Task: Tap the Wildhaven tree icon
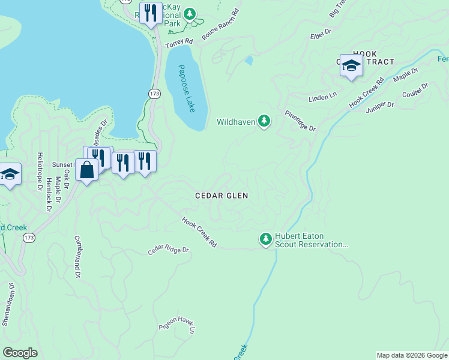click(264, 122)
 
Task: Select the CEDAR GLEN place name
click(221, 196)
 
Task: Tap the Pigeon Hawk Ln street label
click(177, 328)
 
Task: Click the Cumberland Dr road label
click(77, 256)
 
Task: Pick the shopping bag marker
click(87, 170)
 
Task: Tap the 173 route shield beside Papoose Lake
click(154, 94)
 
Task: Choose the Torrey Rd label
click(179, 43)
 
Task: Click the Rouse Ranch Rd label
click(220, 25)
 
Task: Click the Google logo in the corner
click(20, 353)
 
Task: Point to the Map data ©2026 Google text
click(412, 355)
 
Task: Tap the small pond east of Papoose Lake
click(249, 61)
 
